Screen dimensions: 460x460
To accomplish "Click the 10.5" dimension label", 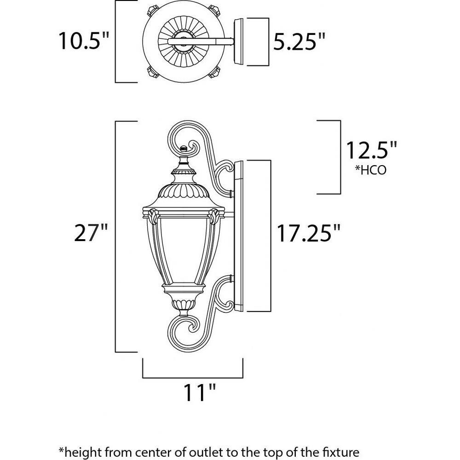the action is (84, 41).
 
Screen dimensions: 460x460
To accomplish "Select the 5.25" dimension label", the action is (299, 41).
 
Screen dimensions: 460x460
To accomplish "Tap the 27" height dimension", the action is (91, 233).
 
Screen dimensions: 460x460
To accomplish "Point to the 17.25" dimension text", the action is (309, 233).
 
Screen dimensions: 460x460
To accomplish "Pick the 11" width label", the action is (200, 392).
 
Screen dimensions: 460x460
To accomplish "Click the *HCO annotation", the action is (371, 170).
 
